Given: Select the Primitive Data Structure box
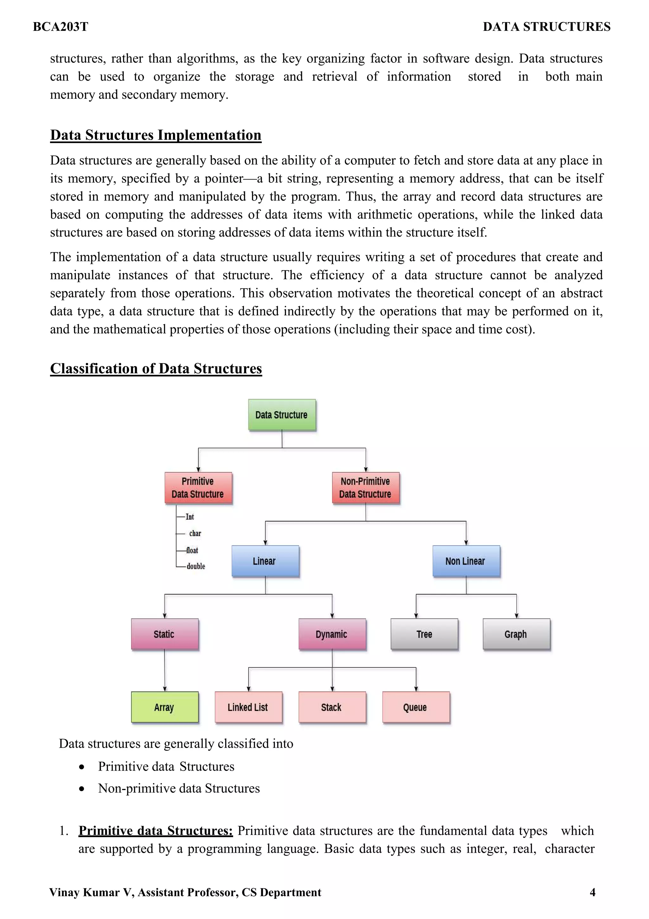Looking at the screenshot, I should (198, 488).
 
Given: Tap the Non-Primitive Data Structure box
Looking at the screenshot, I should (365, 488).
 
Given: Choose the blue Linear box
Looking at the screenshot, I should (265, 561).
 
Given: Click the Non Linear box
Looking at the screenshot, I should (466, 561).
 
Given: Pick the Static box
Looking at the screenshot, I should (164, 634).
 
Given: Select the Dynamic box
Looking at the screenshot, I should (332, 634).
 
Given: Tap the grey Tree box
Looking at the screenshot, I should (424, 634).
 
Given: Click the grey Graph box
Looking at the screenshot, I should (516, 634).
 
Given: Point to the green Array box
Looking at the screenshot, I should (164, 707).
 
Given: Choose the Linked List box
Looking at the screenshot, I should (248, 707).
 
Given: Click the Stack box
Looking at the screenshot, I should (332, 707).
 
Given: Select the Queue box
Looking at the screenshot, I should (416, 707).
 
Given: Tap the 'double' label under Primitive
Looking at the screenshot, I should (196, 566).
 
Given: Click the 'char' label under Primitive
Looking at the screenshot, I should (195, 534).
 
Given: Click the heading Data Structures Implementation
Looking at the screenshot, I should (156, 135).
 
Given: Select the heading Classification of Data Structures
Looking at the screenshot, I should (156, 369).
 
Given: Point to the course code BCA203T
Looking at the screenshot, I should (61, 27).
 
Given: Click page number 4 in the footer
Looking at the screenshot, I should (592, 892).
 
